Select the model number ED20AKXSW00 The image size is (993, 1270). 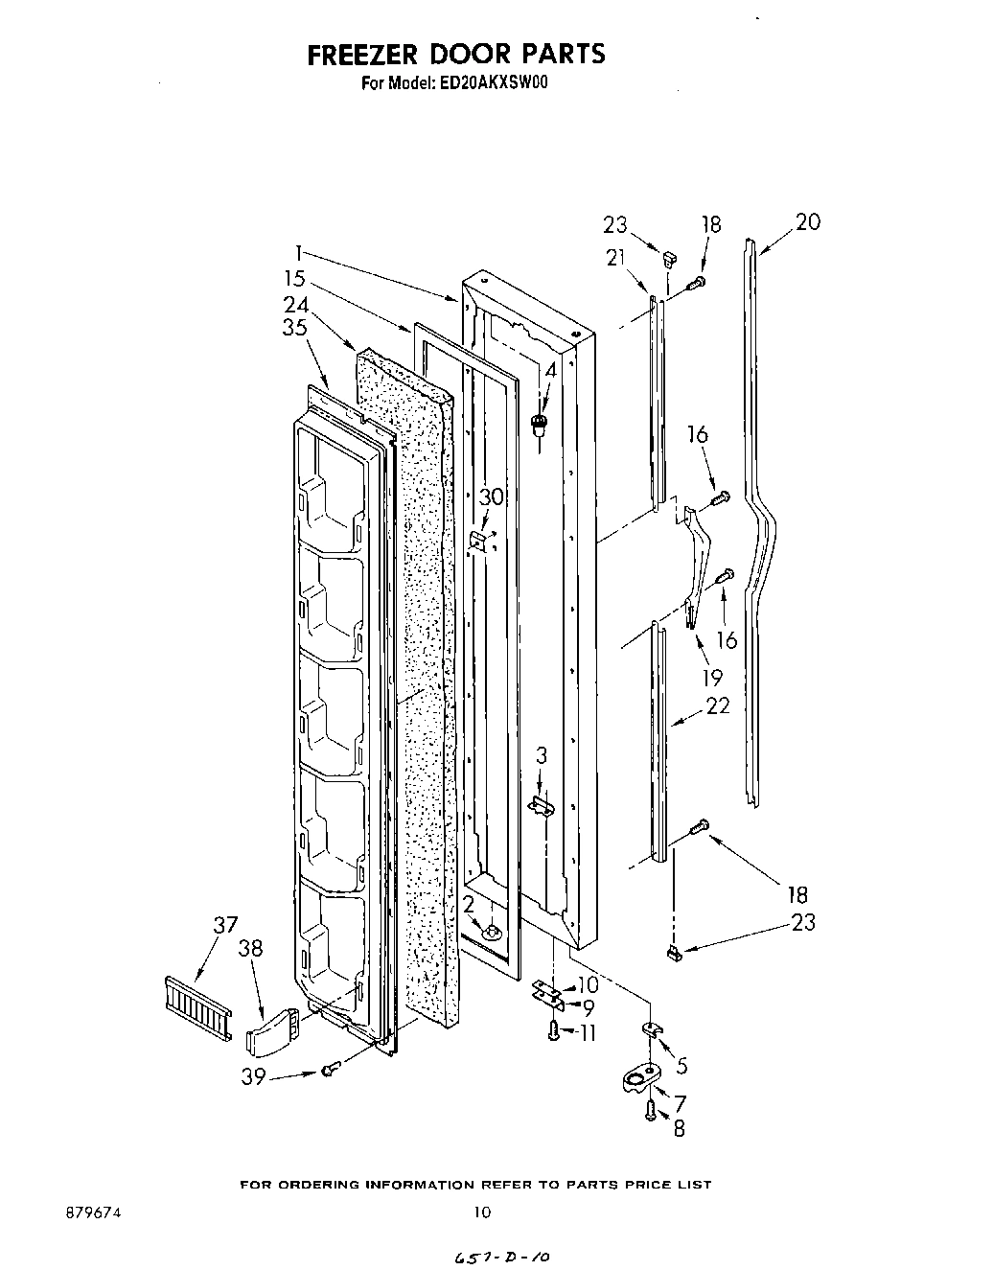click(494, 83)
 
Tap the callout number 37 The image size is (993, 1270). click(224, 925)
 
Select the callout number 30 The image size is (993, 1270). click(491, 497)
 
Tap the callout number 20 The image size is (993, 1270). click(807, 222)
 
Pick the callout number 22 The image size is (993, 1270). click(716, 706)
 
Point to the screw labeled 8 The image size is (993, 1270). click(651, 1111)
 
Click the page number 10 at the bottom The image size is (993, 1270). click(482, 1212)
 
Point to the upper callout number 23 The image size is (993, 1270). click(615, 226)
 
